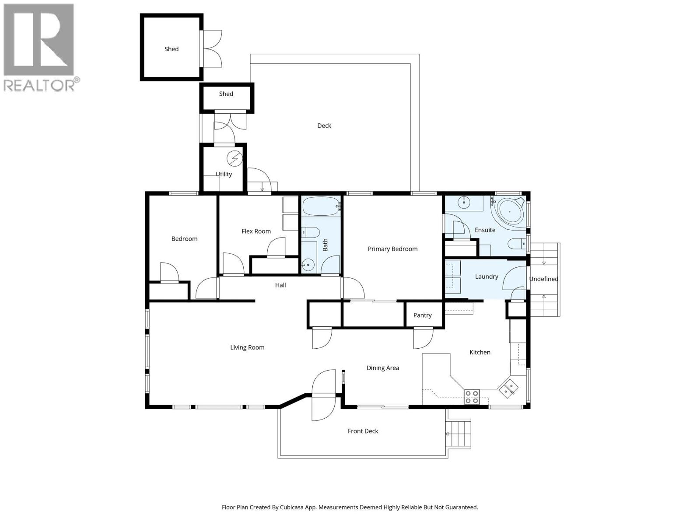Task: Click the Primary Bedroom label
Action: click(392, 249)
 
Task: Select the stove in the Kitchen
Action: click(472, 397)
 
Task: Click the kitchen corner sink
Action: click(508, 388)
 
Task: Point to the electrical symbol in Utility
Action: click(235, 158)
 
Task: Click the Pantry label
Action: click(422, 315)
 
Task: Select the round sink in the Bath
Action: click(308, 264)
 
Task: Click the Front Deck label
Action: click(363, 431)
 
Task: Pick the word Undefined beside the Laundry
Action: click(543, 279)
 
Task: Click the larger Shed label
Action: click(171, 49)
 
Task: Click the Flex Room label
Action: click(256, 231)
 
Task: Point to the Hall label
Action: click(280, 285)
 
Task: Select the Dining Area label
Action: click(382, 368)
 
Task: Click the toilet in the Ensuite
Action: click(517, 243)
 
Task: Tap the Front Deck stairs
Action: click(458, 434)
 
